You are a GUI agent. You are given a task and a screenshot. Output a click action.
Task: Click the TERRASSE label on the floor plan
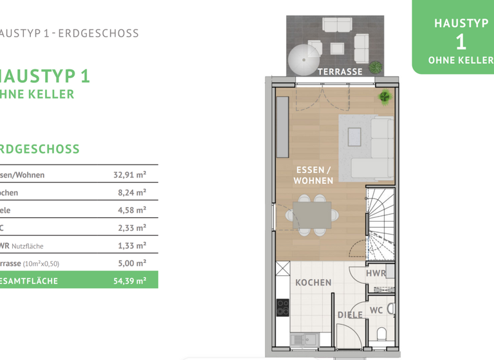click(340, 71)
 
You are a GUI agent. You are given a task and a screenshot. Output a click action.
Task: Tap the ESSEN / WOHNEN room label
click(313, 175)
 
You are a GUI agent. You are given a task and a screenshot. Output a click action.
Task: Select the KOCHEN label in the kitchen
click(313, 282)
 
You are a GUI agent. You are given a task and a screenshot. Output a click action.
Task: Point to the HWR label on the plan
click(376, 273)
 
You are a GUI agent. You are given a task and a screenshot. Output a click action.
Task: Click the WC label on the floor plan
click(376, 310)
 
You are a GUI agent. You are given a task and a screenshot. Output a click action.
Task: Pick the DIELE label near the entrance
click(350, 315)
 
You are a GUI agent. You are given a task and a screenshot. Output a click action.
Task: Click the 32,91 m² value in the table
click(129, 175)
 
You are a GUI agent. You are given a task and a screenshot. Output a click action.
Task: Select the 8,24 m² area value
click(131, 192)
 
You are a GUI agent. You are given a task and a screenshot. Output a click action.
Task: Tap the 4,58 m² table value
click(131, 210)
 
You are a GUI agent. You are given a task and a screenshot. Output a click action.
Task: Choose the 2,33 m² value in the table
click(131, 228)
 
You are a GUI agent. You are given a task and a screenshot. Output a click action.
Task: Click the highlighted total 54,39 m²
click(129, 280)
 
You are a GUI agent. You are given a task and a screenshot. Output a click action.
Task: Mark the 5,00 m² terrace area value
click(131, 263)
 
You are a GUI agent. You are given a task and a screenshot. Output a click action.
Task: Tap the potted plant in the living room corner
click(385, 98)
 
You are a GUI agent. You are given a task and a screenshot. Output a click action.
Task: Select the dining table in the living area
click(312, 215)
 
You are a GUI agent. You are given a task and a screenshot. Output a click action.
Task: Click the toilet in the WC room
click(381, 334)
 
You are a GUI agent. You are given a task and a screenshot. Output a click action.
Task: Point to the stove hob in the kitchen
click(283, 308)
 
